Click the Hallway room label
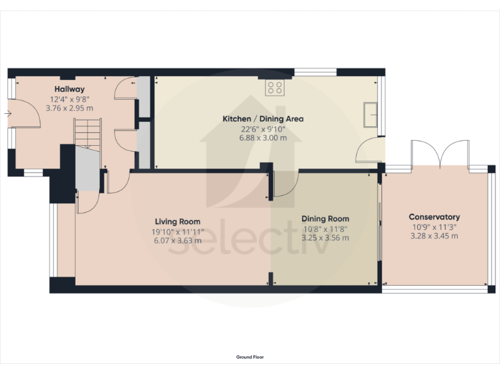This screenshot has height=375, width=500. click(x=69, y=89)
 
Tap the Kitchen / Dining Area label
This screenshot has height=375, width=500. click(x=263, y=119)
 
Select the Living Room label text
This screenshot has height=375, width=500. click(x=177, y=221)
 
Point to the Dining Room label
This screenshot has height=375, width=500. click(x=325, y=219)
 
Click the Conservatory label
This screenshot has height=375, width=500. click(x=434, y=217)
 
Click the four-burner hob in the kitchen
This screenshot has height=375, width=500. click(x=274, y=88)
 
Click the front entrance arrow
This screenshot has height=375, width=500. click(x=7, y=114)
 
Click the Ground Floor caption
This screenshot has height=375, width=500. click(x=250, y=357)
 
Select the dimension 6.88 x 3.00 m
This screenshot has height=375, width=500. click(x=263, y=138)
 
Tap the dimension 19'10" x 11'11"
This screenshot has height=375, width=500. click(x=178, y=231)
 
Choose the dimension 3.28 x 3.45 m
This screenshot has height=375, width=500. click(x=434, y=236)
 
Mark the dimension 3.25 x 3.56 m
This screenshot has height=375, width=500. click(x=325, y=238)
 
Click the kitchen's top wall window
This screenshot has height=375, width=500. click(x=315, y=72)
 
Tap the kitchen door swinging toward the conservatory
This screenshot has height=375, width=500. click(x=368, y=151)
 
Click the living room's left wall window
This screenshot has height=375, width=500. click(x=52, y=240)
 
